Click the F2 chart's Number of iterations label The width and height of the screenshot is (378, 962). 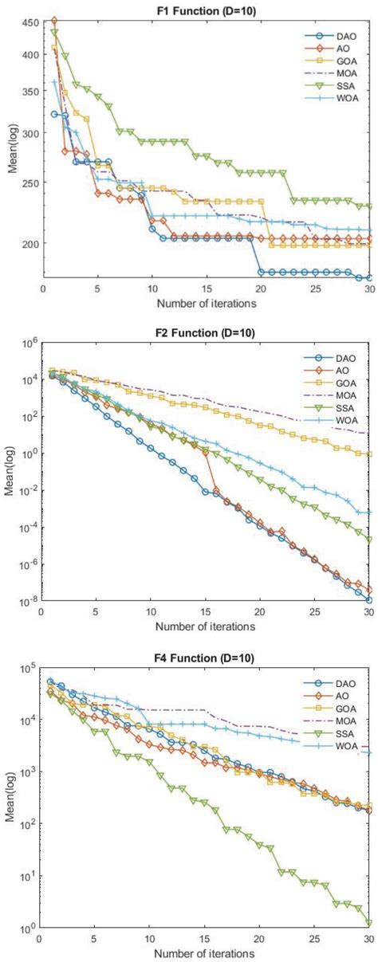pyautogui.click(x=206, y=626)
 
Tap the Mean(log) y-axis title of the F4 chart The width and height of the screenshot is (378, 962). pyautogui.click(x=10, y=798)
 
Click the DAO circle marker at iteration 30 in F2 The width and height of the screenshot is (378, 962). pyautogui.click(x=369, y=599)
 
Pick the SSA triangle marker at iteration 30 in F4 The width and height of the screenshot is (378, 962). pyautogui.click(x=369, y=924)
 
